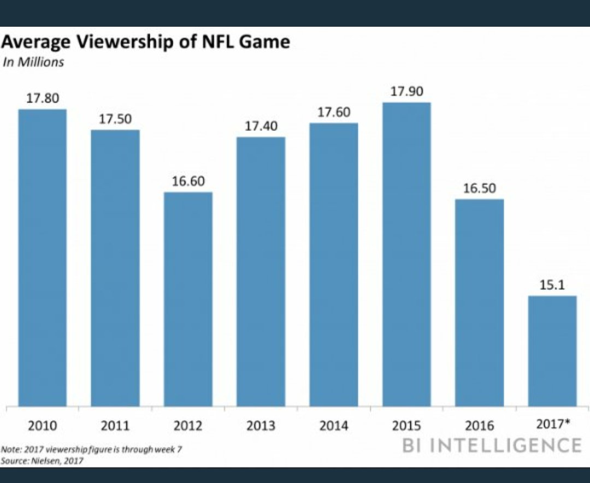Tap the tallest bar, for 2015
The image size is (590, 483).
pyautogui.click(x=406, y=254)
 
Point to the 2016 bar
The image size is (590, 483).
pyautogui.click(x=480, y=302)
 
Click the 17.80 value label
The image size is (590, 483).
pyautogui.click(x=42, y=98)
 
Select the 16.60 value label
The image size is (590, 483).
pyautogui.click(x=188, y=181)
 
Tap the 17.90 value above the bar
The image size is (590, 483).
pyautogui.click(x=406, y=92)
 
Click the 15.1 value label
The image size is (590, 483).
pyautogui.click(x=552, y=285)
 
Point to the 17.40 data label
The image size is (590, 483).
pyautogui.click(x=261, y=126)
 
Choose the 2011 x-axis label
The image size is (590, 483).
pyautogui.click(x=115, y=425)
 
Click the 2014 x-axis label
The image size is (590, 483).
pyautogui.click(x=334, y=425)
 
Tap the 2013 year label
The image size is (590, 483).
pyautogui.click(x=261, y=425)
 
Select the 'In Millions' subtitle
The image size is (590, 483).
pyautogui.click(x=33, y=62)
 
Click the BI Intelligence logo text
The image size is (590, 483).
pyautogui.click(x=492, y=445)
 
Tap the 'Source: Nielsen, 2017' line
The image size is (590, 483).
pyautogui.click(x=43, y=461)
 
